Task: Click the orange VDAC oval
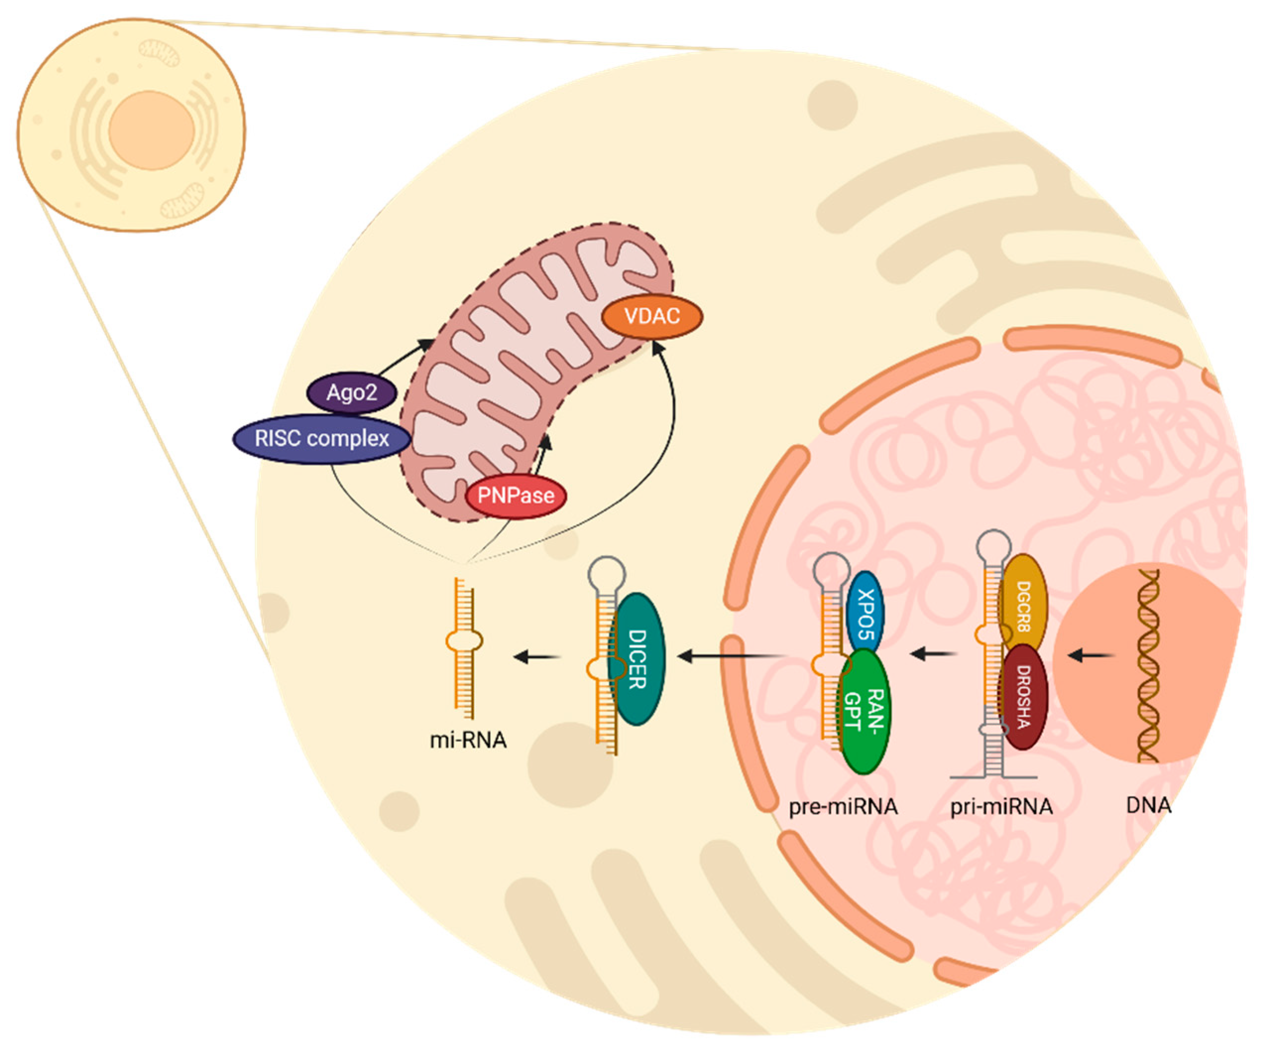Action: pyautogui.click(x=652, y=316)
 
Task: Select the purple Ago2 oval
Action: pyautogui.click(x=352, y=393)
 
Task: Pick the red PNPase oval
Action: pyautogui.click(x=516, y=495)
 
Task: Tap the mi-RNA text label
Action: pyautogui.click(x=468, y=740)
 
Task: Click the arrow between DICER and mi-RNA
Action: pyautogui.click(x=536, y=657)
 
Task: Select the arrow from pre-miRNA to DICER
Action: pyautogui.click(x=730, y=656)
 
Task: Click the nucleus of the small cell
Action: pyautogui.click(x=151, y=130)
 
